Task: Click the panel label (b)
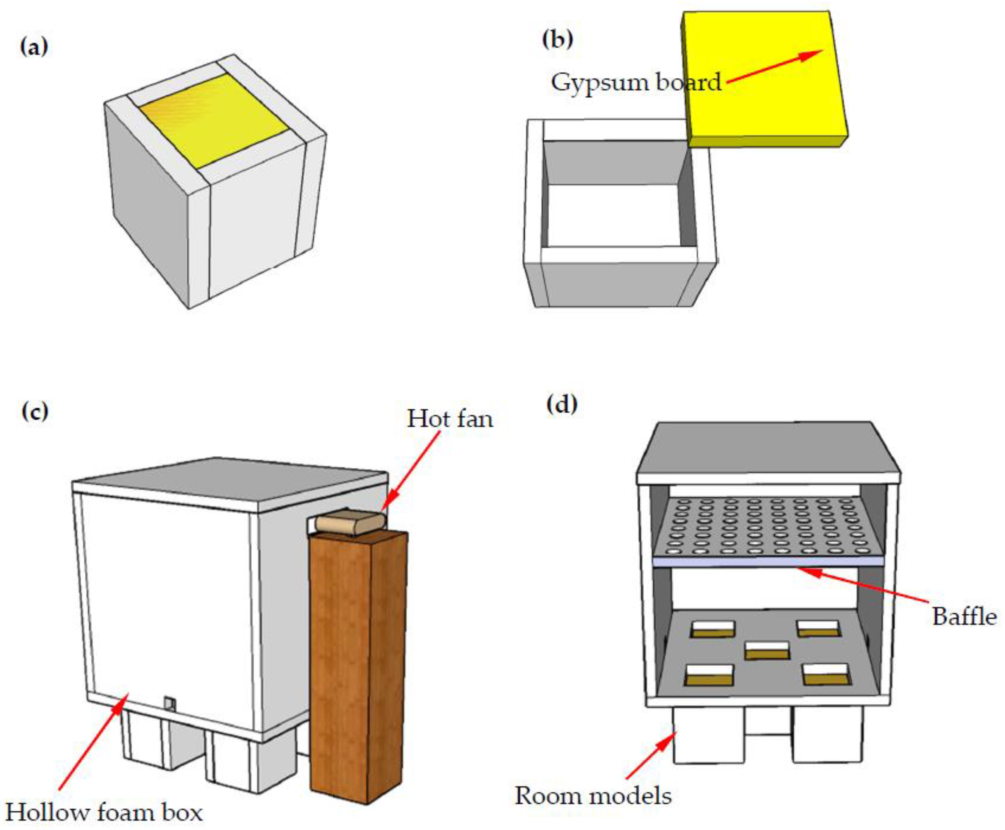tap(557, 39)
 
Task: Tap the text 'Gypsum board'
tap(635, 83)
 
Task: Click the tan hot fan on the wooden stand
tap(350, 522)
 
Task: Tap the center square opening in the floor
tap(767, 650)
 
